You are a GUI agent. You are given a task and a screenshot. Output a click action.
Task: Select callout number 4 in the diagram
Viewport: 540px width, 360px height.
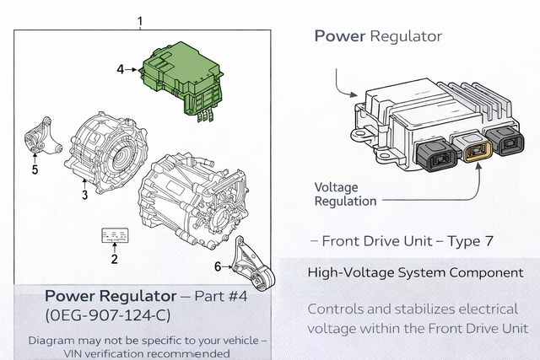pyautogui.click(x=120, y=69)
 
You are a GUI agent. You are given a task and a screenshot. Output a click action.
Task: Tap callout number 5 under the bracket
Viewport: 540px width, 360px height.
pyautogui.click(x=35, y=169)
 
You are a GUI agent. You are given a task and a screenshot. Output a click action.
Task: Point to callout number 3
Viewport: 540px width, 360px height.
pyautogui.click(x=84, y=195)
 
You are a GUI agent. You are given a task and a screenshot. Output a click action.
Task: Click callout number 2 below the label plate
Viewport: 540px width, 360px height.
pyautogui.click(x=115, y=259)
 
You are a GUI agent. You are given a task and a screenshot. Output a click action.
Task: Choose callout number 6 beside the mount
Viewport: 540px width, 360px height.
pyautogui.click(x=218, y=266)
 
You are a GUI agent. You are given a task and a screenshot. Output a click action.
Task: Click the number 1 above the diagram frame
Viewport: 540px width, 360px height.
pyautogui.click(x=140, y=22)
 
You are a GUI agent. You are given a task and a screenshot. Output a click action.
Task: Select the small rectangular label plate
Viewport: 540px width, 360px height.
pyautogui.click(x=115, y=235)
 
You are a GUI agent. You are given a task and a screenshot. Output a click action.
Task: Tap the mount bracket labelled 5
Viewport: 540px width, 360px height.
pyautogui.click(x=42, y=137)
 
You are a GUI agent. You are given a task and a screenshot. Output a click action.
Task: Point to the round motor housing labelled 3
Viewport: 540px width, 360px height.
pyautogui.click(x=107, y=152)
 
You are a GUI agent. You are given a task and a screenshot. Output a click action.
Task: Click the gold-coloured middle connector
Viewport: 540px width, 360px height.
pyautogui.click(x=478, y=150)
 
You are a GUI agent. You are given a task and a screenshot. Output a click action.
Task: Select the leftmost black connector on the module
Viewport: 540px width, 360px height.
pyautogui.click(x=436, y=156)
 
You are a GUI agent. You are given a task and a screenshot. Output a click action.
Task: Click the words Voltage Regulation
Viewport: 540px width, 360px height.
pyautogui.click(x=345, y=195)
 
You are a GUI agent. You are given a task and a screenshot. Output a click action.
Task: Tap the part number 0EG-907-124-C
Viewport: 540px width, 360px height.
pyautogui.click(x=108, y=315)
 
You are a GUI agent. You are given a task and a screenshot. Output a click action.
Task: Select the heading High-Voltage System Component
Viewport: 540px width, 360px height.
pyautogui.click(x=415, y=272)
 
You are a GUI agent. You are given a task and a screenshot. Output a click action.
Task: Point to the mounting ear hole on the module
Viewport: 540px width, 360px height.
pyautogui.click(x=359, y=133)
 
